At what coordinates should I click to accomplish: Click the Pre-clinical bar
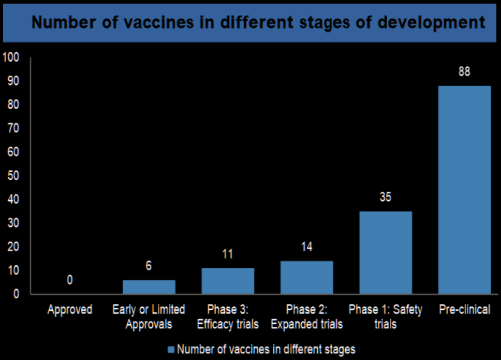point(465,190)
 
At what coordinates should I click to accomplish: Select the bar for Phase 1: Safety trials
point(386,253)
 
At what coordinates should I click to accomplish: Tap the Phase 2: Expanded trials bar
point(307,278)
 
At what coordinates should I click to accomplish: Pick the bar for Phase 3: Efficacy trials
point(228,281)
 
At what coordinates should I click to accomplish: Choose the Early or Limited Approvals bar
point(149,287)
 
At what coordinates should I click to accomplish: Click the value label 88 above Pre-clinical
point(464,71)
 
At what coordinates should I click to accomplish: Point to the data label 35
point(386,197)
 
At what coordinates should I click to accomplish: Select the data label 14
point(307,247)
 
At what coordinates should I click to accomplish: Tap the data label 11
point(228,254)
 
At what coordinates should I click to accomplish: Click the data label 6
point(149,266)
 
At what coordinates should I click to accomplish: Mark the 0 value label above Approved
point(70,280)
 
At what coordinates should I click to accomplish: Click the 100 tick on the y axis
point(11,57)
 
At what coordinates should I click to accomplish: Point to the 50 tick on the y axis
point(13,176)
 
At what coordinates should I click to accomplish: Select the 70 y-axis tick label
point(13,128)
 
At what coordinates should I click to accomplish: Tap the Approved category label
point(70,310)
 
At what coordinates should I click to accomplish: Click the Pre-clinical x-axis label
point(465,309)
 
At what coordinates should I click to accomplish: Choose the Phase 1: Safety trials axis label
point(386,316)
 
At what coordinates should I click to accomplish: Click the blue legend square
point(171,350)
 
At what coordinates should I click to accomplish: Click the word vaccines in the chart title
point(158,22)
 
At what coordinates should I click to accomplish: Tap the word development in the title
point(431,23)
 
